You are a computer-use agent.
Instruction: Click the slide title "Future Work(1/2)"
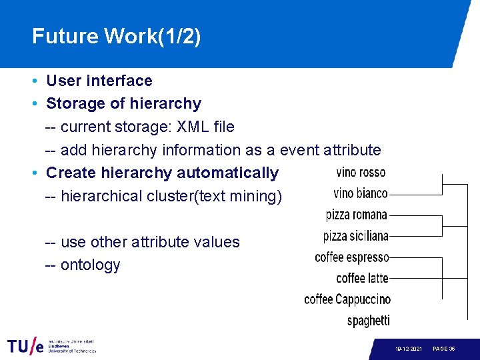tap(116, 36)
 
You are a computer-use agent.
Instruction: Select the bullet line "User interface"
tap(99, 81)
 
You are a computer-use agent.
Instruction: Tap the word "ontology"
tap(90, 265)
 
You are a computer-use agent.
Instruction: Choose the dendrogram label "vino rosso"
tap(361, 173)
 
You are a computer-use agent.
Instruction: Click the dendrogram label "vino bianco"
tap(360, 193)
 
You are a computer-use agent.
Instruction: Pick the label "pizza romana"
tap(356, 215)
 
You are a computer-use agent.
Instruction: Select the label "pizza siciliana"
tap(355, 236)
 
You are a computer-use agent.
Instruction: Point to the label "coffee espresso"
tap(351, 257)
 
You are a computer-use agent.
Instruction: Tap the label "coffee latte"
tap(362, 278)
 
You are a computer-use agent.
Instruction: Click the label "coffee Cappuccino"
tap(347, 299)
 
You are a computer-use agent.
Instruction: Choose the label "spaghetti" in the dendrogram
tap(368, 321)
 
